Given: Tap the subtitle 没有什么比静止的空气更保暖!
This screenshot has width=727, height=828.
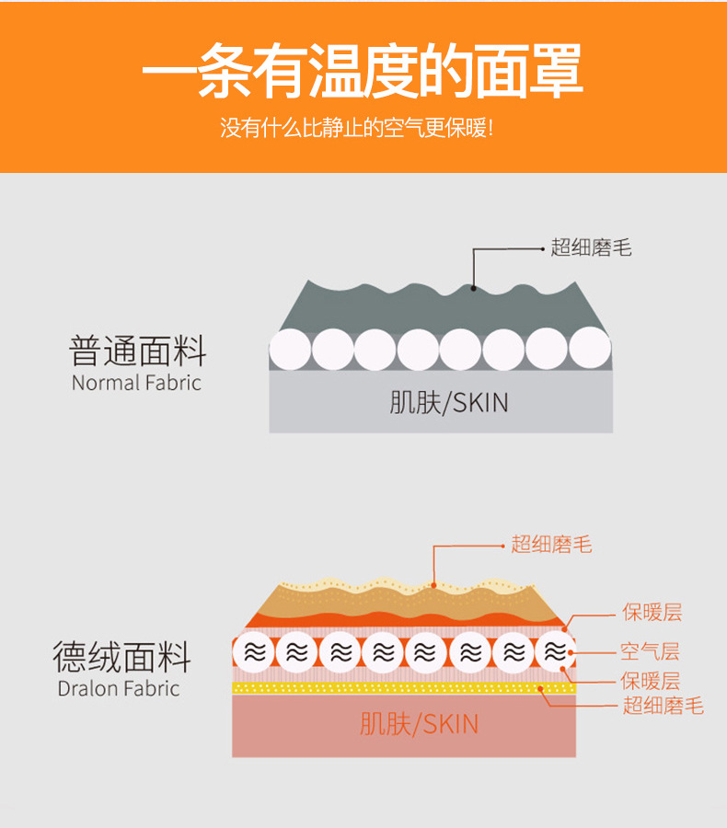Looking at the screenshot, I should pos(357,127).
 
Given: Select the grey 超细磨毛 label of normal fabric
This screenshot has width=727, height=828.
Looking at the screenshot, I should pos(591,247).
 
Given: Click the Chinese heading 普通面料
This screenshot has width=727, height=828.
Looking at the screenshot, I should pos(138,351).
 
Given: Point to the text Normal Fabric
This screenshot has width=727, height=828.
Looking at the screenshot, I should pos(136,383).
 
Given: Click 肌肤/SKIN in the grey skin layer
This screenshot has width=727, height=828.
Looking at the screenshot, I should pos(448,402).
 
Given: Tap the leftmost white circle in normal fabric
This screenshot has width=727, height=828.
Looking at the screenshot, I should pos(290,350).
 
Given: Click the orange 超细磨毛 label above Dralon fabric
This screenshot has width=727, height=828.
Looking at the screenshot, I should pos(551,545).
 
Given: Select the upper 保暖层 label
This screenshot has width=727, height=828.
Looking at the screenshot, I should pos(652,612).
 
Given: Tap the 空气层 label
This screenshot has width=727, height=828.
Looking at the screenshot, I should pos(650,652).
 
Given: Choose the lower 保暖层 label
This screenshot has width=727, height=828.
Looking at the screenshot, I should pos(650,681).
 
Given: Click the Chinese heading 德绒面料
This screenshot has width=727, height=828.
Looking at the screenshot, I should pos(121,658).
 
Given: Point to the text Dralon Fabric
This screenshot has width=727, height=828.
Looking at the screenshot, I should pos(119,688).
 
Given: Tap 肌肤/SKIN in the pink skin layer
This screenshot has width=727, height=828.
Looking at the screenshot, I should pos(419,724).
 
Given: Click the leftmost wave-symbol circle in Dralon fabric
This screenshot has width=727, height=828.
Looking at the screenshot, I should pos(253,652).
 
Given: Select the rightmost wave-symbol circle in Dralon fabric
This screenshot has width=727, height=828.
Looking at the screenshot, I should pos(555,652).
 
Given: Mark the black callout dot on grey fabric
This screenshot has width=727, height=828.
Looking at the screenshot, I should pos(474,288).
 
